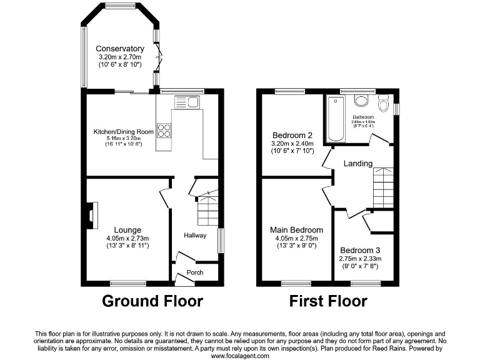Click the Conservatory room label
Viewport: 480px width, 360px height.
pyautogui.click(x=119, y=49)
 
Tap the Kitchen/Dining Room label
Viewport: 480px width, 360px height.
pyautogui.click(x=123, y=132)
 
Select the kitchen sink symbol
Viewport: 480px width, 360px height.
pyautogui.click(x=186, y=102)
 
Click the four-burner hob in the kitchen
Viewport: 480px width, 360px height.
pyautogui.click(x=164, y=131)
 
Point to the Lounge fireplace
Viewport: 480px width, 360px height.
pyautogui.click(x=91, y=214)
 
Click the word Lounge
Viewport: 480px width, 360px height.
pyautogui.click(x=127, y=229)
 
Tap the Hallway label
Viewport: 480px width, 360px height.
pyautogui.click(x=194, y=235)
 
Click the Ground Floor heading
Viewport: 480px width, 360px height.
pyautogui.click(x=152, y=301)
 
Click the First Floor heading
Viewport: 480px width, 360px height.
pyautogui.click(x=327, y=301)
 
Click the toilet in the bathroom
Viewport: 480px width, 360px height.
pyautogui.click(x=382, y=101)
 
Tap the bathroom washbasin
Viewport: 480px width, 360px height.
pyautogui.click(x=361, y=101)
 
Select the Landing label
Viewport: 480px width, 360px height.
pyautogui.click(x=357, y=164)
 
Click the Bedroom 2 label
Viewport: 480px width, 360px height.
pyautogui.click(x=292, y=134)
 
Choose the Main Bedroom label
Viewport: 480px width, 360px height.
pyautogui.click(x=297, y=229)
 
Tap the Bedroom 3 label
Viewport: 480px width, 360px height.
pyautogui.click(x=359, y=250)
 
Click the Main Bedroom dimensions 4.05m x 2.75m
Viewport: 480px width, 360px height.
pyautogui.click(x=297, y=238)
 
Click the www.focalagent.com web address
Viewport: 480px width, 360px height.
pyautogui.click(x=240, y=355)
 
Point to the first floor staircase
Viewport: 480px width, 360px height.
pyautogui.click(x=382, y=188)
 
